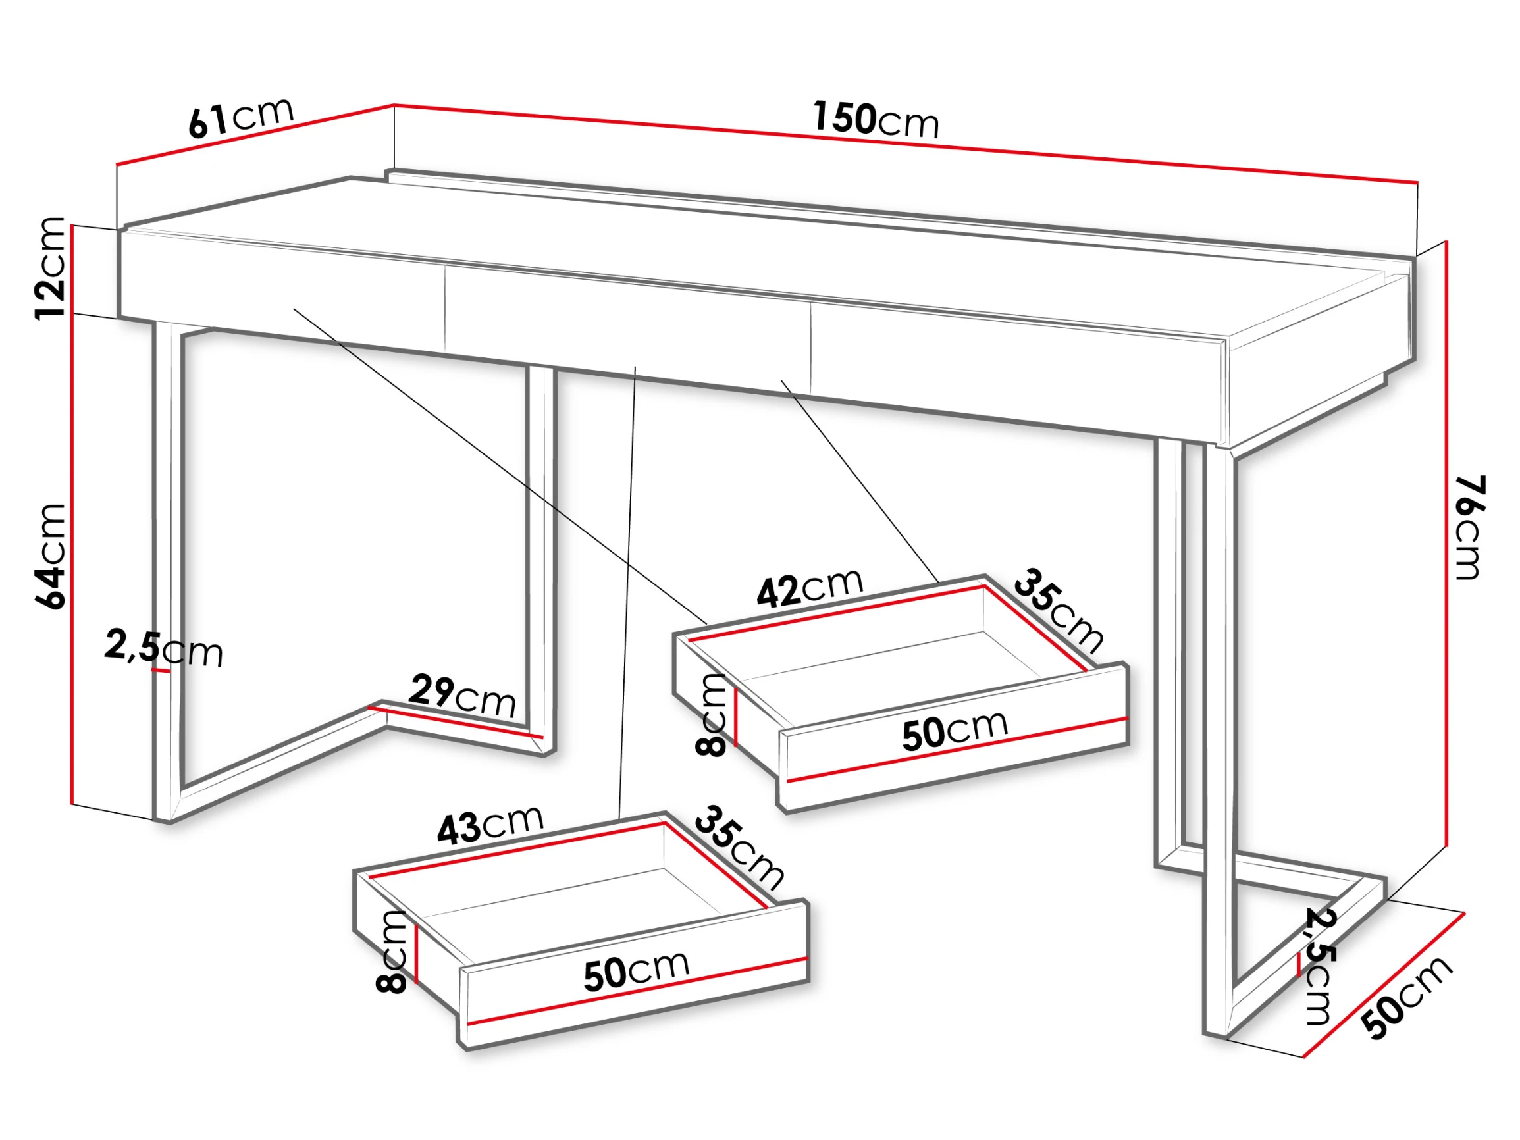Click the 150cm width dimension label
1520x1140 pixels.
pyautogui.click(x=876, y=120)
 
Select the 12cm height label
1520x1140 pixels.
pyautogui.click(x=51, y=268)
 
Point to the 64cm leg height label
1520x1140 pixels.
pyautogui.click(x=51, y=557)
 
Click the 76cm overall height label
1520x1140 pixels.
pyautogui.click(x=1471, y=527)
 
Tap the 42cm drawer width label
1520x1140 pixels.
pyautogui.click(x=810, y=588)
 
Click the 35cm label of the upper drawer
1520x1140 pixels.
pyautogui.click(x=1059, y=610)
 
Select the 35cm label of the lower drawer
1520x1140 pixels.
pyautogui.click(x=739, y=847)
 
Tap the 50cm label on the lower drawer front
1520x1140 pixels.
pyautogui.click(x=637, y=970)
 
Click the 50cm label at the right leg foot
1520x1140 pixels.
pyautogui.click(x=1408, y=997)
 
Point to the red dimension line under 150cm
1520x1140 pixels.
pyautogui.click(x=906, y=143)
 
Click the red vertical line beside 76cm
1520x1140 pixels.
pyautogui.click(x=1446, y=553)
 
